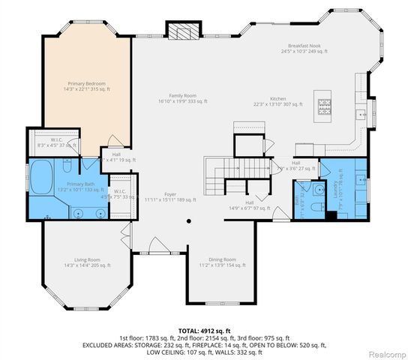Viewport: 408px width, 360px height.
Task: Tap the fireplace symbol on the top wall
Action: coord(184,31)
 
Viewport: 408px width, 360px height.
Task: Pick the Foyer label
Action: coord(170,196)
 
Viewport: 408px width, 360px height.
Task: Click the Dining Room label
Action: coord(222,262)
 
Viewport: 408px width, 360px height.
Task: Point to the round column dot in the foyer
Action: coord(188,221)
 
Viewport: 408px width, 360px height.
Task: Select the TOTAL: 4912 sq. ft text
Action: coord(202,329)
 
